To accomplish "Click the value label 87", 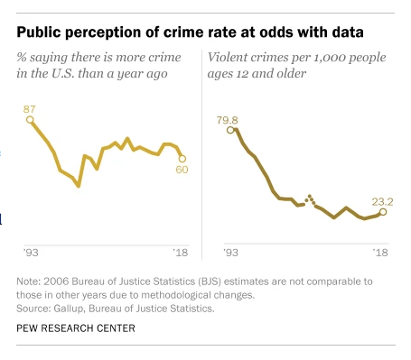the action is (x=30, y=109).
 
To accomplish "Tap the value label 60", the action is (x=182, y=170).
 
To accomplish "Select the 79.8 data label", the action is (x=228, y=120).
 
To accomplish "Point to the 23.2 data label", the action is (x=382, y=202).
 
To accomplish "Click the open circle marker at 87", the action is (x=30, y=120).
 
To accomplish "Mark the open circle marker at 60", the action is (x=182, y=159).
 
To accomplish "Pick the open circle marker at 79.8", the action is (x=230, y=130).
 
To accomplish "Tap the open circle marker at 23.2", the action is (x=383, y=212).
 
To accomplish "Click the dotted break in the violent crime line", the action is (x=310, y=200).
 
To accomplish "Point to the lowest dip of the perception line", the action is (x=79, y=186).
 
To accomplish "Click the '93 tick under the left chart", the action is (x=31, y=253).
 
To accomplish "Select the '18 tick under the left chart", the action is (x=181, y=253).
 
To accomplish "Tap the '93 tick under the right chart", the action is (x=230, y=253).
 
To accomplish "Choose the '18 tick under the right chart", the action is (x=380, y=253).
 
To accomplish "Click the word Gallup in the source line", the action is (x=70, y=309).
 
